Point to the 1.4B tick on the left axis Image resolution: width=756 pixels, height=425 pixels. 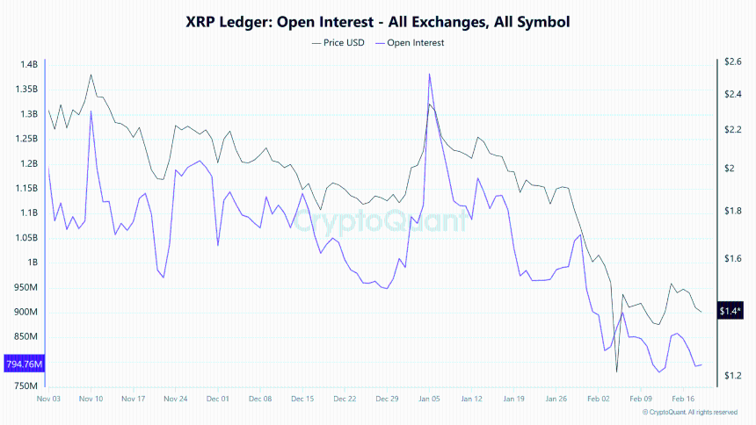pos(28,65)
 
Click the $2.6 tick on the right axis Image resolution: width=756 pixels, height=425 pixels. pos(733,61)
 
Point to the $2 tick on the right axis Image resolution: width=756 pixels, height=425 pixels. pos(730,168)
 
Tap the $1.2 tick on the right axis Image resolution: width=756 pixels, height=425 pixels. pos(733,376)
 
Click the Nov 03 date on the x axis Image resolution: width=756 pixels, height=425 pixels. pos(48,399)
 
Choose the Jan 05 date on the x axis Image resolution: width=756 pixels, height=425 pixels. pos(429,399)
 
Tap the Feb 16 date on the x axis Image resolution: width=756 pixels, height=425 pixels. pos(683,399)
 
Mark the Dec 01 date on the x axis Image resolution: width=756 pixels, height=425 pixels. pos(217,399)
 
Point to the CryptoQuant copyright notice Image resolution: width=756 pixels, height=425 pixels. pos(689,412)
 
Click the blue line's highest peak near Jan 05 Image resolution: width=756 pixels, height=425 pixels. pos(429,74)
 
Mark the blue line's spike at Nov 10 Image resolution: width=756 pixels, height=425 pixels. pos(91,111)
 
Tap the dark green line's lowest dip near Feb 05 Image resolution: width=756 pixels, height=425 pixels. pos(617,372)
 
